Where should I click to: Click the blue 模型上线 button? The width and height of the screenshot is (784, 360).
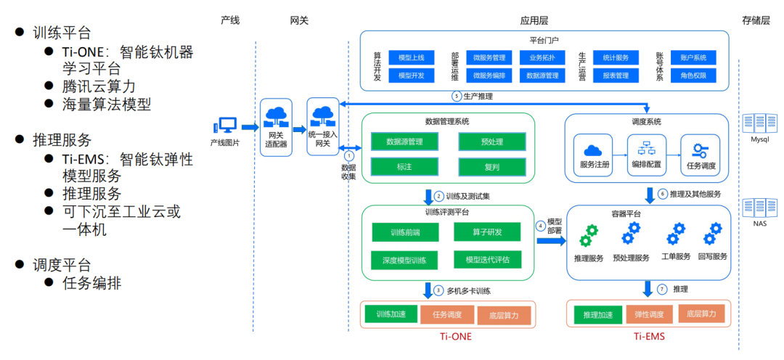(412, 57)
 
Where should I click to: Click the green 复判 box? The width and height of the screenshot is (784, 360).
(491, 168)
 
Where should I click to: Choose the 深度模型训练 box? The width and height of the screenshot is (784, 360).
(404, 260)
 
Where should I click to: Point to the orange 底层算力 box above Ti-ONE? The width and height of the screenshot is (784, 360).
(505, 315)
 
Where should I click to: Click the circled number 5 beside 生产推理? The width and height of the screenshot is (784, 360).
(457, 97)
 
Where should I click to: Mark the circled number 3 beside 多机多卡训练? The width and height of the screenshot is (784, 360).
(438, 291)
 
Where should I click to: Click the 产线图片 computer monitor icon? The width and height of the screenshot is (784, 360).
(226, 126)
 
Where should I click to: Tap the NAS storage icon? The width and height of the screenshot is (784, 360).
(759, 210)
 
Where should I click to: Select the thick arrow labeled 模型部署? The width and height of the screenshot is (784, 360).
(551, 240)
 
